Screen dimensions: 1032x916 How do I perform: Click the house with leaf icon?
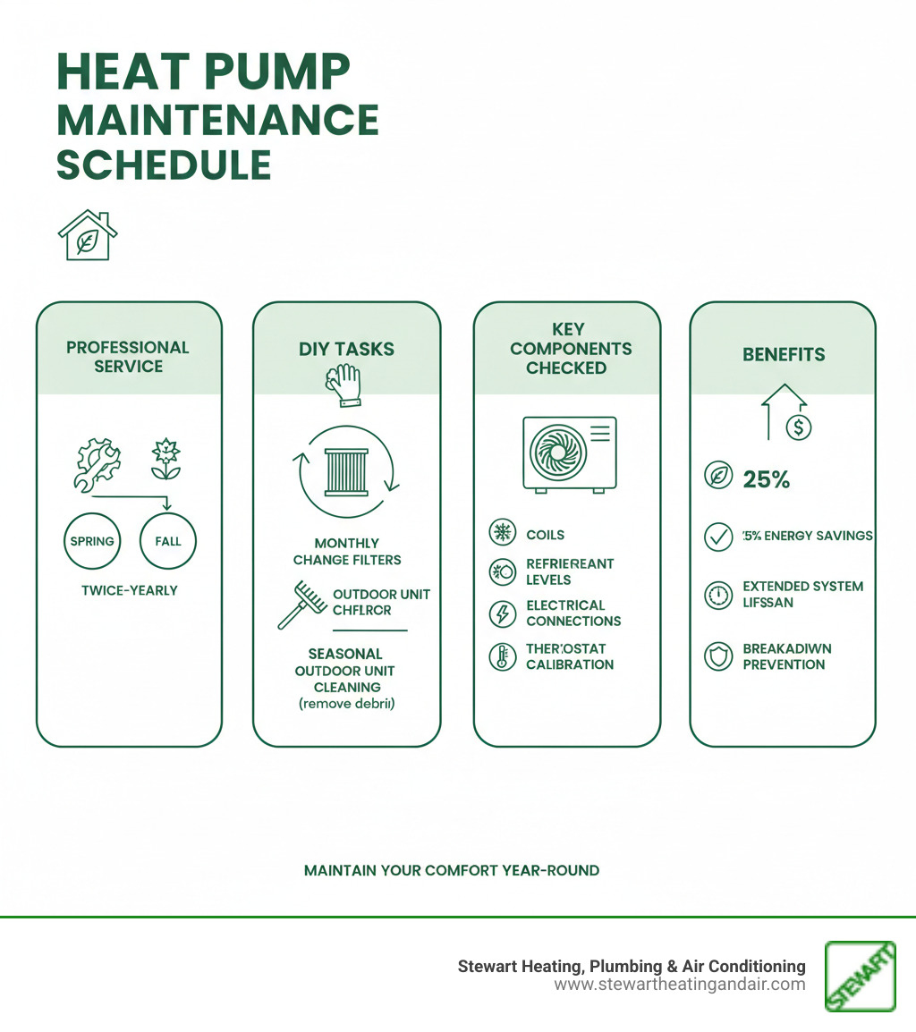pos(88,237)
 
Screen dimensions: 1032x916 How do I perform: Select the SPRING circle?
pos(92,541)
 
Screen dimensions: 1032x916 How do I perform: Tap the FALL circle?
pos(168,541)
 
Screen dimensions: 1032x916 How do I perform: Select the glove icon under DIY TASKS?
pos(345,385)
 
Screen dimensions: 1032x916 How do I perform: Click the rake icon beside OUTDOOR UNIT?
pos(299,605)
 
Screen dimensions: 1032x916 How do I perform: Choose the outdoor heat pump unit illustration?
pos(570,453)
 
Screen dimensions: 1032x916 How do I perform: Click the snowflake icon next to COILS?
pos(502,534)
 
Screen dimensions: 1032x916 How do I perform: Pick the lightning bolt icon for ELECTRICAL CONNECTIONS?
pos(502,613)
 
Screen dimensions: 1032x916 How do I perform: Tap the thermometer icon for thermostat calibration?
pos(502,656)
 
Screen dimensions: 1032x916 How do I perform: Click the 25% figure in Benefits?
pos(767,479)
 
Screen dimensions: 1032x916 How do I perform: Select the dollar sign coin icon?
pos(798,427)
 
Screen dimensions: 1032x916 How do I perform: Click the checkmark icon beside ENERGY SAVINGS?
pos(718,537)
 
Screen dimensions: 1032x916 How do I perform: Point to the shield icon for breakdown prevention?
pos(718,656)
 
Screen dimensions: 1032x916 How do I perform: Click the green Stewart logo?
pos(860,977)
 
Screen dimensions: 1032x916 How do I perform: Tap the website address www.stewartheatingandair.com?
pos(680,985)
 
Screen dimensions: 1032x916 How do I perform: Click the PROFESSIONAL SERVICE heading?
pos(128,356)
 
